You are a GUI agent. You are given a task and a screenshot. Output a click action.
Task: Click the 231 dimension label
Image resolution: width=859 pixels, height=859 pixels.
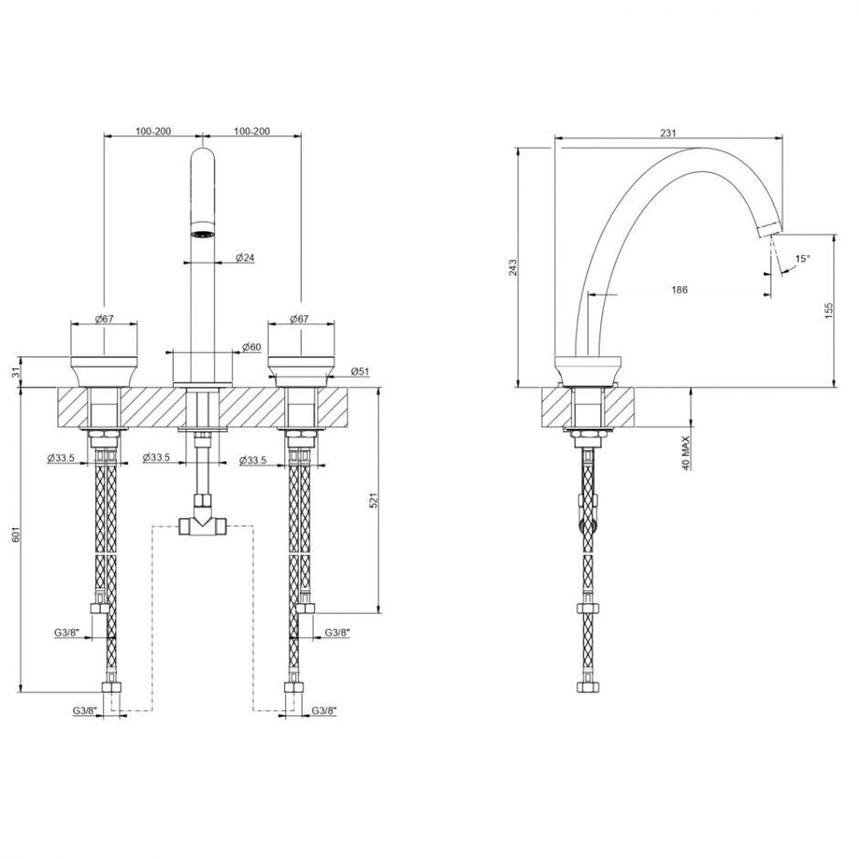coord(668,133)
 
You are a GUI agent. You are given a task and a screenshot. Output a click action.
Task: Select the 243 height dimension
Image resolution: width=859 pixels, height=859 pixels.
coord(513,268)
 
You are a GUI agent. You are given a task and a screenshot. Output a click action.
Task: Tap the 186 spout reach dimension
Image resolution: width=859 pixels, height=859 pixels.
coord(679,290)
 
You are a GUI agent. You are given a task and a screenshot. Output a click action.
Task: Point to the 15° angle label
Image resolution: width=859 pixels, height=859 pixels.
coord(802,259)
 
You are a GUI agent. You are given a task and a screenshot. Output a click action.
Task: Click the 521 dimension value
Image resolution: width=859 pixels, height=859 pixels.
coord(374,500)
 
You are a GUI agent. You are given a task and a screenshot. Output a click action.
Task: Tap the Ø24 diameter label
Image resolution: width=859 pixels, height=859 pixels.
coord(245,258)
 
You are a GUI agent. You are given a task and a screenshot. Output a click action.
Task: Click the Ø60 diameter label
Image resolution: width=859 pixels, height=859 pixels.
coord(252,346)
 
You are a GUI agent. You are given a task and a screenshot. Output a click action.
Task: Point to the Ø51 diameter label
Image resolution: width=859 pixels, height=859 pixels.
coord(360,371)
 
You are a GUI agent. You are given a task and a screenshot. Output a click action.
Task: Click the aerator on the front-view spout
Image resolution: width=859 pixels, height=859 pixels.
coord(203,235)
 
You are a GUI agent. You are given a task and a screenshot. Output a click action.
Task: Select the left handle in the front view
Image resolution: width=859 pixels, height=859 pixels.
coord(104,372)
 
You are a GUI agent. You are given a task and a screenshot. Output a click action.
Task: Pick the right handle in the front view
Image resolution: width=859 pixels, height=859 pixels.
coord(301,372)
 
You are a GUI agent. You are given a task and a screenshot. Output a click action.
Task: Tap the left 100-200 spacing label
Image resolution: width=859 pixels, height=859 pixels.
coord(154,132)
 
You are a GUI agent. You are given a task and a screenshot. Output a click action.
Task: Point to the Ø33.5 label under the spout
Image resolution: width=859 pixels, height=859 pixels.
coord(155,458)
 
